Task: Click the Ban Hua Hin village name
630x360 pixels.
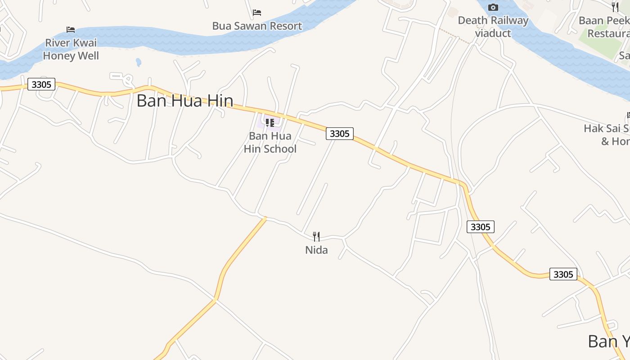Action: click(184, 100)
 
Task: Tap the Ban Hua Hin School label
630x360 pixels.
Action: click(270, 142)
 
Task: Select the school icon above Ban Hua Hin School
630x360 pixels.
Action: click(270, 122)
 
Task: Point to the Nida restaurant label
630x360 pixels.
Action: click(316, 250)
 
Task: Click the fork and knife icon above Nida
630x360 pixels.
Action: click(316, 236)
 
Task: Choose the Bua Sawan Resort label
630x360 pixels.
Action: click(257, 26)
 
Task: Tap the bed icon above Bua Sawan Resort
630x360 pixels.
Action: click(257, 12)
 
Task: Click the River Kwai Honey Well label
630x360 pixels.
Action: click(71, 49)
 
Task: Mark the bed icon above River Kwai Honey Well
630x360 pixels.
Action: click(71, 30)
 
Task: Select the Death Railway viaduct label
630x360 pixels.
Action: click(493, 27)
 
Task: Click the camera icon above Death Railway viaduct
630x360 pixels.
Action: click(493, 7)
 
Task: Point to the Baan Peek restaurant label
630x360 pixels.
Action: click(605, 27)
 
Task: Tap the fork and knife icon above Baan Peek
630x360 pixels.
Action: click(615, 7)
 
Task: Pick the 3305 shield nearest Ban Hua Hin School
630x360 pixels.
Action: click(340, 134)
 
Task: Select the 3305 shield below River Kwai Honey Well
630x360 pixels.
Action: click(41, 84)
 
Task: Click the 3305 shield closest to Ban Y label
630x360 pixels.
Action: click(563, 274)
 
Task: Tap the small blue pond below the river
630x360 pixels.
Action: click(138, 62)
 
